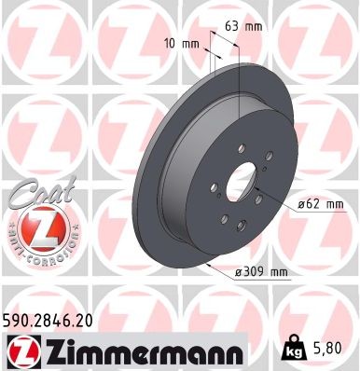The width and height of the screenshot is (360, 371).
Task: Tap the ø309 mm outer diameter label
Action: [262, 270]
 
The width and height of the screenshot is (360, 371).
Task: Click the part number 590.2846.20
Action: [56, 321]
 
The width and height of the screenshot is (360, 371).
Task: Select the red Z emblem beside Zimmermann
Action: [20, 350]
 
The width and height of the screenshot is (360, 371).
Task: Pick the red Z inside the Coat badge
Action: [35, 229]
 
